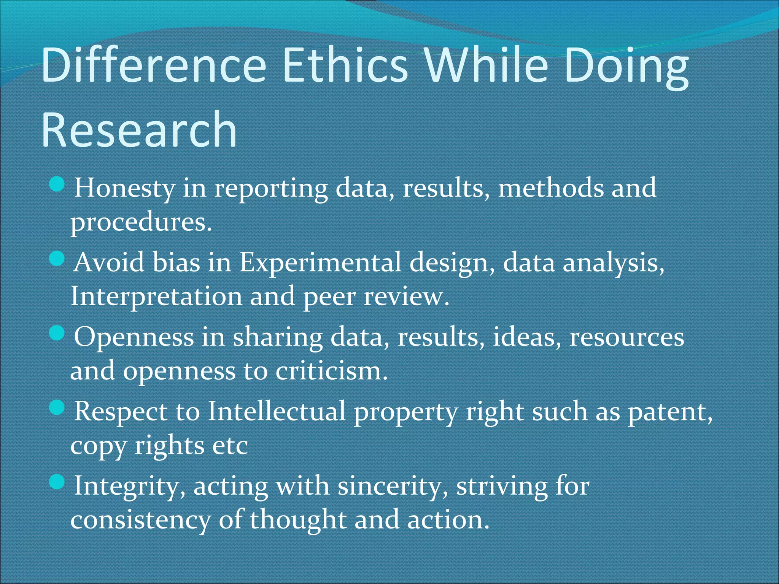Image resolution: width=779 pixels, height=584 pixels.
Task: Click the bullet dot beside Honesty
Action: click(57, 185)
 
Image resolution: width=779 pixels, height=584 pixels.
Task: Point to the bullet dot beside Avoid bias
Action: click(57, 260)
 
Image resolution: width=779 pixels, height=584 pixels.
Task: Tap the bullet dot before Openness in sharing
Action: click(57, 334)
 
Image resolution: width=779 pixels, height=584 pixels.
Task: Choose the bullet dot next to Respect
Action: click(57, 409)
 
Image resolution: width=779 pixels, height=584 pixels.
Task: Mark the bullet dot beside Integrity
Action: click(57, 483)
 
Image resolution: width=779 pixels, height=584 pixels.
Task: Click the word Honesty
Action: click(124, 188)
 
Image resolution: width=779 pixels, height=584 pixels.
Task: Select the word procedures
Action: click(141, 222)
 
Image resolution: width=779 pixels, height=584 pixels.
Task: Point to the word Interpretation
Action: click(156, 297)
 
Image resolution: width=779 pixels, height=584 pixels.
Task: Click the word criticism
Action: click(331, 371)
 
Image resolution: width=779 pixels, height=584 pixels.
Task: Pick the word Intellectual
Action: click(277, 411)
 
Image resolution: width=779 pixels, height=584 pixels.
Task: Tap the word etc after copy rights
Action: click(230, 446)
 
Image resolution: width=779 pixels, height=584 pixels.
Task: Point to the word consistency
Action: click(140, 520)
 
